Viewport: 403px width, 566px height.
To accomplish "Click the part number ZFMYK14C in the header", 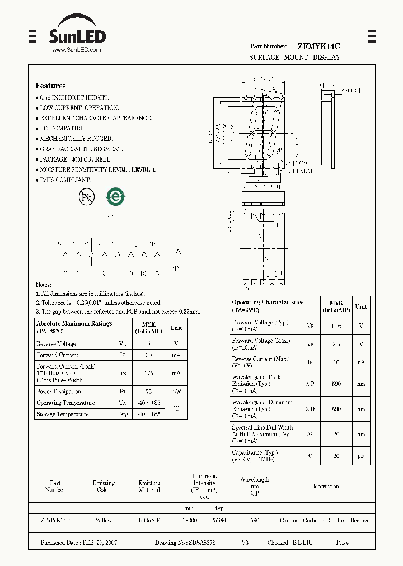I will pyautogui.click(x=318, y=46).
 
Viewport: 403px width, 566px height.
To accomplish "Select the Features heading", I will pyautogui.click(x=50, y=86).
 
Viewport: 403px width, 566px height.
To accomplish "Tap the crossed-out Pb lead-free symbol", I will pyautogui.click(x=87, y=196).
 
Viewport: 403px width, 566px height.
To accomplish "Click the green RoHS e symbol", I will pyautogui.click(x=116, y=196).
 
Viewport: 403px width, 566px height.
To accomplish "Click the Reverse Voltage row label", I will pyautogui.click(x=56, y=344).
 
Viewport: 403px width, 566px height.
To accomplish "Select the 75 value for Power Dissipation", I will pyautogui.click(x=148, y=392).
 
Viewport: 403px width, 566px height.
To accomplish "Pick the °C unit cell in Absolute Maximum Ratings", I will pyautogui.click(x=176, y=408).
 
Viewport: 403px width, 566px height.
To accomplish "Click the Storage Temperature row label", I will pyautogui.click(x=63, y=414).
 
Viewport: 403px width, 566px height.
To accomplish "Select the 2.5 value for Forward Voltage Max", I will pyautogui.click(x=336, y=344).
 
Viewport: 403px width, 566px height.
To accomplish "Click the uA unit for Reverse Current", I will pyautogui.click(x=361, y=362).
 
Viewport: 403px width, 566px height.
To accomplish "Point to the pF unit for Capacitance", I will pyautogui.click(x=361, y=456).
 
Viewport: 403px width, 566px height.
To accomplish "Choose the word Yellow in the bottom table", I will pyautogui.click(x=104, y=520).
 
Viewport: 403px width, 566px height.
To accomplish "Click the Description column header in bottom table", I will pyautogui.click(x=325, y=487).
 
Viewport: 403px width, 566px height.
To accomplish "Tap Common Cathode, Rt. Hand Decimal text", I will pyautogui.click(x=325, y=520).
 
